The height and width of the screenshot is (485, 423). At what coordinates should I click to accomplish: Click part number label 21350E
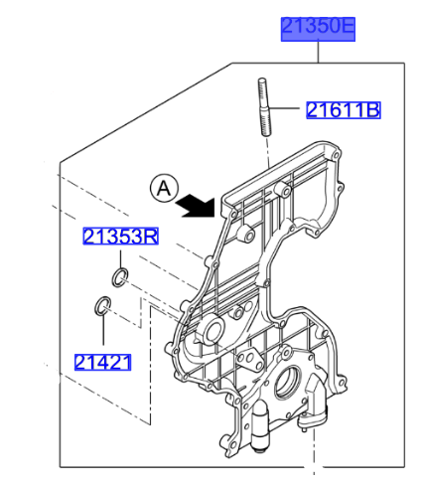pos(318,29)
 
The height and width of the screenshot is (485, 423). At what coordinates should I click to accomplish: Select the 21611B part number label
pos(344,110)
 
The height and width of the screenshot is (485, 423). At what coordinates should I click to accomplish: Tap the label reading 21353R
pos(120,237)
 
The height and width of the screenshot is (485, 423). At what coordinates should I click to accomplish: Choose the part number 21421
pos(103,362)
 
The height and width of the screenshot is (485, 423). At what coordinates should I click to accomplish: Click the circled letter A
pos(164,189)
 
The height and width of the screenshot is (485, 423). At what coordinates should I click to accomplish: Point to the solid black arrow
pos(197,206)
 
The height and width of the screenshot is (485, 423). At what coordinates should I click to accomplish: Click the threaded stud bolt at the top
pos(263,107)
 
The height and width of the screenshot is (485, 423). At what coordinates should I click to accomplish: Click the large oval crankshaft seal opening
pos(287,383)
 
